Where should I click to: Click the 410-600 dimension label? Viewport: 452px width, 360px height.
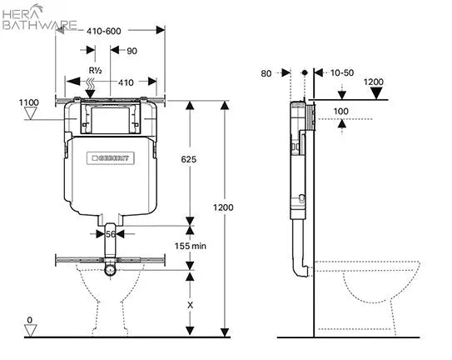point(104,31)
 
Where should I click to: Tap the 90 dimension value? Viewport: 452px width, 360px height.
point(132,51)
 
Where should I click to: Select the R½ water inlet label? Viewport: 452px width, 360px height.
point(96,70)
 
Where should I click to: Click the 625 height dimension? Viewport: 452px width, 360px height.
point(188,159)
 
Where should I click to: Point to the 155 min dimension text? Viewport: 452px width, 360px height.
point(191,246)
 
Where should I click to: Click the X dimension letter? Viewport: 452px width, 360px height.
point(190,305)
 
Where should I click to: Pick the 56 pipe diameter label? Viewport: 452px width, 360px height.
point(111,234)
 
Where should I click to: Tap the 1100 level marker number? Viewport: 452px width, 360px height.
point(29,102)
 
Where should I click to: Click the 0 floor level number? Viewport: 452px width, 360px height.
point(30,320)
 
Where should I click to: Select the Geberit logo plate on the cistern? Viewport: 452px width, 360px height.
point(111,158)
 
